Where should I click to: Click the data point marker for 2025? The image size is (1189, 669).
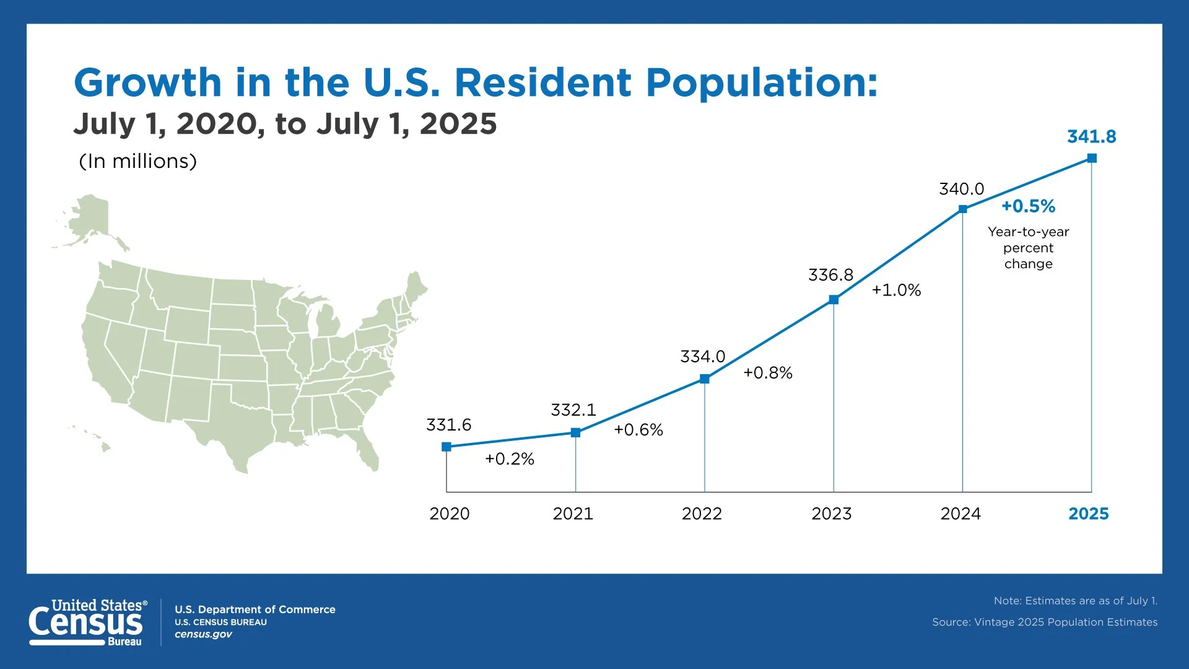coord(1092,158)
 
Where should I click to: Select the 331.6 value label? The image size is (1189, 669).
coord(448,425)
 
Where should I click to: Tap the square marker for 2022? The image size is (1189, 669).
coord(704,378)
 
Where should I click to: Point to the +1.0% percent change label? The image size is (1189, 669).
coord(896,290)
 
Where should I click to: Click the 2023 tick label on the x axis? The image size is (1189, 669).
coord(831,514)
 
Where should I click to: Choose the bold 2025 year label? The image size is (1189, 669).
coord(1088,514)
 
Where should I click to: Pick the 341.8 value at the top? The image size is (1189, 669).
coord(1091,136)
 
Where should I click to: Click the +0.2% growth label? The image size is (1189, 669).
coord(509,459)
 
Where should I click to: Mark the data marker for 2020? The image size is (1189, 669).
coord(446,447)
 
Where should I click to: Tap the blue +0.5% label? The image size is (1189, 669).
coord(1028,206)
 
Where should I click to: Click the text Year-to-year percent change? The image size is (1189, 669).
coord(1028,248)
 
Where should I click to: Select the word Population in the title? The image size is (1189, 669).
coord(761,82)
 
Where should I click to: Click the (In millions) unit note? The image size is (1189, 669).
coord(137,161)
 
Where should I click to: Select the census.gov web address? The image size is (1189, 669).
coord(203,634)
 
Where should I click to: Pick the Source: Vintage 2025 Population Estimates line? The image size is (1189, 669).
coord(1044,622)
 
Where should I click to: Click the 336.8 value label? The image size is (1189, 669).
coord(830,275)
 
